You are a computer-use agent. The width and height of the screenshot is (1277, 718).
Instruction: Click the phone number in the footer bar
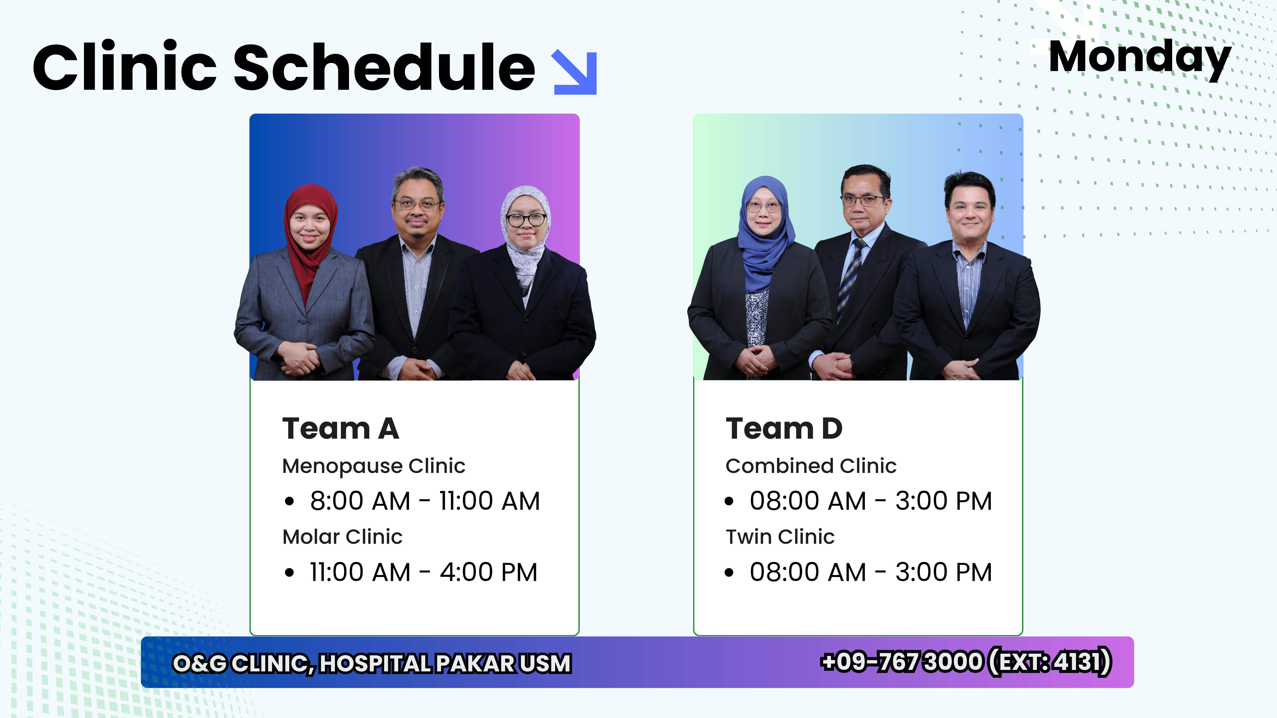tap(966, 662)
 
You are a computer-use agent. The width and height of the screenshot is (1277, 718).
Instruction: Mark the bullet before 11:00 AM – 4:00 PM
tap(289, 573)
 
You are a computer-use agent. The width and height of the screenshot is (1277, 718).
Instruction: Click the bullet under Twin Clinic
tap(729, 573)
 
